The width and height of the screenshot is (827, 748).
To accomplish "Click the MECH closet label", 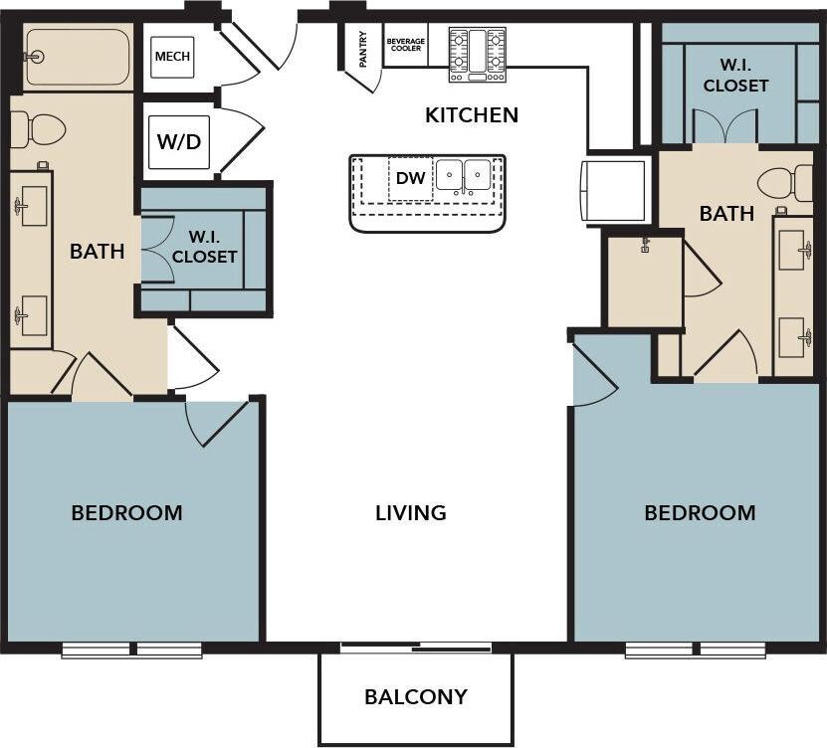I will (171, 57).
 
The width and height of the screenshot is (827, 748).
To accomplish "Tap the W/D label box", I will (179, 140).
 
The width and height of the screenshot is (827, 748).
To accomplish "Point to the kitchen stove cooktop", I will (477, 54).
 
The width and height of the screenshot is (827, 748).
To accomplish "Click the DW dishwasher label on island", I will (409, 179).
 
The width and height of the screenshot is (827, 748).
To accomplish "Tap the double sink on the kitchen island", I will (465, 176).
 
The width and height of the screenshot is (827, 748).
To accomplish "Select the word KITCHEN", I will (472, 115).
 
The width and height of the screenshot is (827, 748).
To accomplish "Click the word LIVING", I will (410, 513).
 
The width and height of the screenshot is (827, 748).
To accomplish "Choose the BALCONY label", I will (415, 696).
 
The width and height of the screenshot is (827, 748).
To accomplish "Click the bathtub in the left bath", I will (77, 57).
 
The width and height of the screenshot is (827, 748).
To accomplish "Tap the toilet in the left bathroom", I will (38, 129).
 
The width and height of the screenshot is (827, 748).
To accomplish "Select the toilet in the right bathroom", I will (785, 183).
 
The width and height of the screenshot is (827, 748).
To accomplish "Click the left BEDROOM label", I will (126, 513).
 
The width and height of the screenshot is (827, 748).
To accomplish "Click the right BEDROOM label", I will (700, 513).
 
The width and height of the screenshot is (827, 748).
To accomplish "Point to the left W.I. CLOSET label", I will (204, 247).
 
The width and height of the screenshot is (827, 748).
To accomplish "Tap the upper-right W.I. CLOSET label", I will (735, 76).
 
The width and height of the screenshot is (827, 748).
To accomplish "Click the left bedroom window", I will (132, 651).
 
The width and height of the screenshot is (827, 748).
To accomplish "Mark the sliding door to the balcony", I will (416, 649).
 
